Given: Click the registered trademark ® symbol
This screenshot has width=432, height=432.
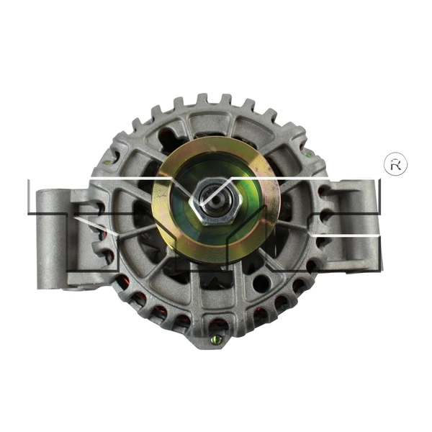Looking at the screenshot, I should (394, 164).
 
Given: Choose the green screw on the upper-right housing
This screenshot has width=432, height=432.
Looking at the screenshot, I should (308, 153).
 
